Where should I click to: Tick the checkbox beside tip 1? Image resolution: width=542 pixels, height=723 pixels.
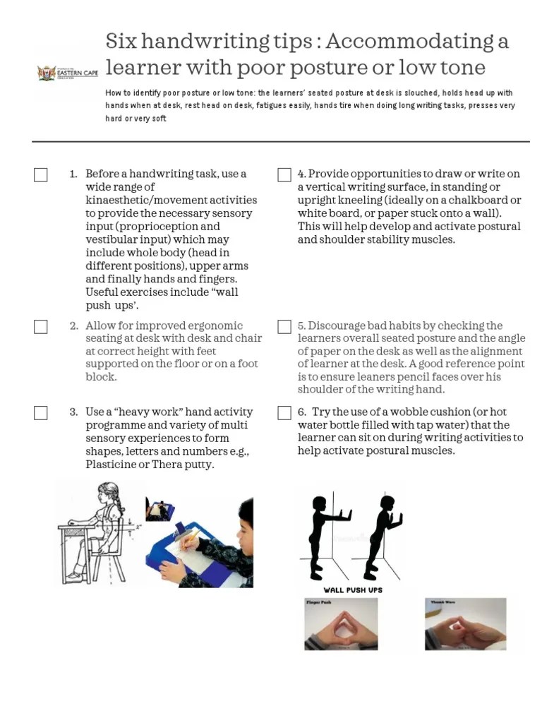[x=41, y=174]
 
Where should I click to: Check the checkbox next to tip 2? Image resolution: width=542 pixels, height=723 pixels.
[x=41, y=326]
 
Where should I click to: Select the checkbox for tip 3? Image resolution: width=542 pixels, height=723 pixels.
[x=41, y=412]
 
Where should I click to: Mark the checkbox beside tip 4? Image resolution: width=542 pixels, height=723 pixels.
[x=284, y=174]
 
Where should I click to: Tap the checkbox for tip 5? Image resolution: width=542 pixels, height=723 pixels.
[x=284, y=326]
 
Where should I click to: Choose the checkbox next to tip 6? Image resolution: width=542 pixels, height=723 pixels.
[x=284, y=412]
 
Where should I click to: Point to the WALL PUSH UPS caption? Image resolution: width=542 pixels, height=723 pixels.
[x=353, y=590]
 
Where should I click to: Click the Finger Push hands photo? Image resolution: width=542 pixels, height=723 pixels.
[x=340, y=624]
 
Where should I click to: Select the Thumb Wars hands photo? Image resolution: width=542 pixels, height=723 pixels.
[x=465, y=624]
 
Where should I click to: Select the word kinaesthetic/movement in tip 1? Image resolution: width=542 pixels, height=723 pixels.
[x=171, y=200]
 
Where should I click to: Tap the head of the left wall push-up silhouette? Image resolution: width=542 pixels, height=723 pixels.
[x=319, y=503]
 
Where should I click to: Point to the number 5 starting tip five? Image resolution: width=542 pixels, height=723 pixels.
[x=301, y=325]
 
